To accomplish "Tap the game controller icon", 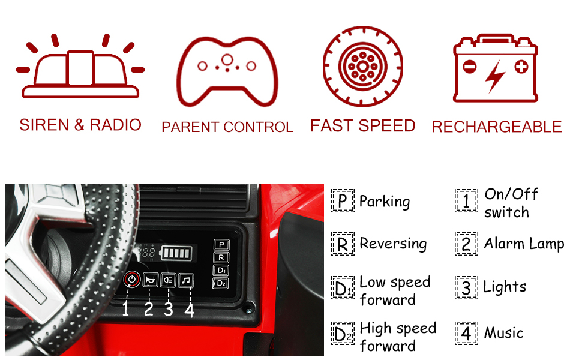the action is click(227, 70).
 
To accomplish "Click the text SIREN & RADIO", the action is click(80, 125).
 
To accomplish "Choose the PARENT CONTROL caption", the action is click(227, 127).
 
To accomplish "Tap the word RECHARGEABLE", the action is click(496, 127).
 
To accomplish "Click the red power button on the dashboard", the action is click(132, 279).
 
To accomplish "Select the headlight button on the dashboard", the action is click(169, 279).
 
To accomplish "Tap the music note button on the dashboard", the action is click(187, 279).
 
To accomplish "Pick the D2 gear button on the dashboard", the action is click(221, 283).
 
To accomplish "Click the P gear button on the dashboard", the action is click(221, 245).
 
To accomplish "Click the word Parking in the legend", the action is click(385, 202).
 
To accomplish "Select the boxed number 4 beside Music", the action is click(466, 333).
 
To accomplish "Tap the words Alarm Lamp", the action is click(524, 244).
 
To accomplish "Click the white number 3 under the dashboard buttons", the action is click(169, 309).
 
